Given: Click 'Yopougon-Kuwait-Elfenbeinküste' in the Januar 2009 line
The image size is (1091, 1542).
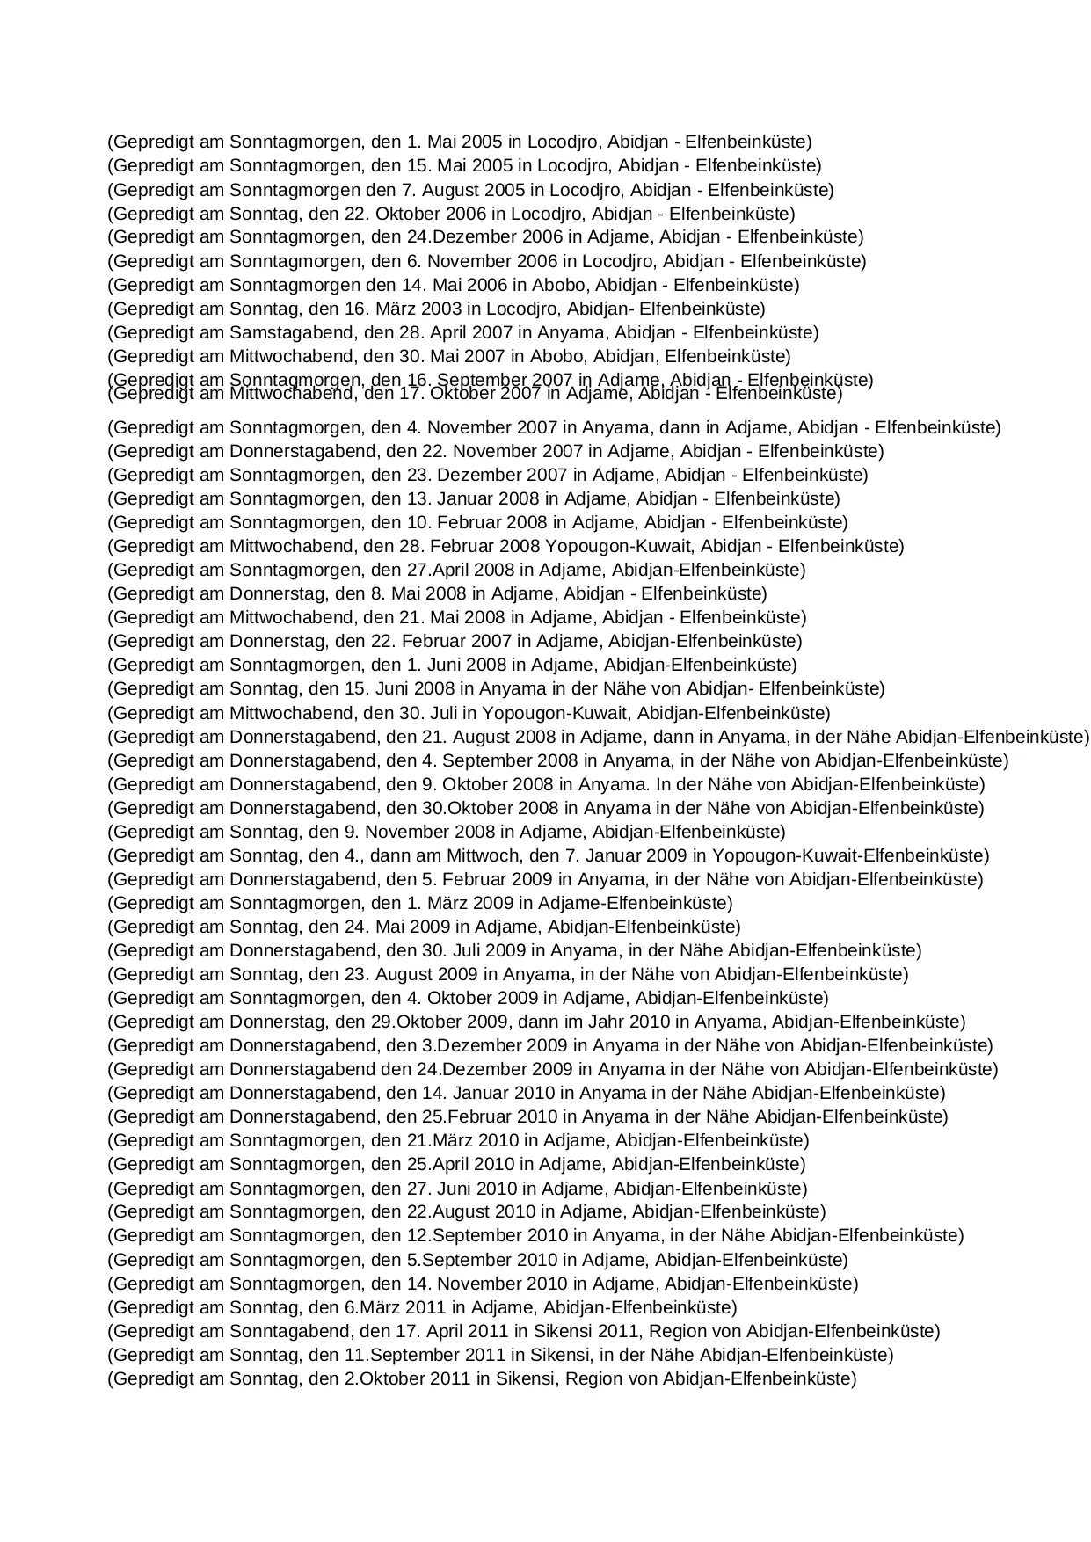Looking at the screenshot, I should click(850, 855).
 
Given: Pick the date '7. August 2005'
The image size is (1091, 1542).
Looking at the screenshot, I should click(464, 190).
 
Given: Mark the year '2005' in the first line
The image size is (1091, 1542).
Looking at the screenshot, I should click(482, 142).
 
